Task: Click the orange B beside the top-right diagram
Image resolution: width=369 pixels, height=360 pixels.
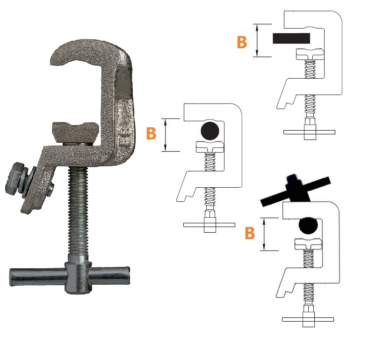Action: coord(242,42)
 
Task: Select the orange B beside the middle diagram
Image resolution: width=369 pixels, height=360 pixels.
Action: coord(151,133)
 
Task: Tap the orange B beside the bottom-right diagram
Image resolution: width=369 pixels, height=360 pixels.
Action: coord(250,233)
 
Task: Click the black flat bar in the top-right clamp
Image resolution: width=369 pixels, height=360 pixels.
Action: coord(291,38)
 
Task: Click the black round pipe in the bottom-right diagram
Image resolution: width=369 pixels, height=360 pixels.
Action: coord(308,226)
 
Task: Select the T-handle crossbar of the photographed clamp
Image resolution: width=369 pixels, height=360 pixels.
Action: coord(70,277)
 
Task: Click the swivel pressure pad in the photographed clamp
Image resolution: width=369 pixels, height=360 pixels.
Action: coord(75,132)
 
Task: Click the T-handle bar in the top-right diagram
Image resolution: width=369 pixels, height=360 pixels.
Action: coord(309,132)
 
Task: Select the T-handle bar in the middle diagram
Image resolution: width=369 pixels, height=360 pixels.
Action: coord(209,225)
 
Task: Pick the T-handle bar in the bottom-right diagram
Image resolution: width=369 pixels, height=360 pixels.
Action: coord(308,319)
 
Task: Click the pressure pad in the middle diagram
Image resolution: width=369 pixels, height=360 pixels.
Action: coord(210,147)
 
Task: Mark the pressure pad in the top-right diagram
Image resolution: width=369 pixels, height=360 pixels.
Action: coord(310,54)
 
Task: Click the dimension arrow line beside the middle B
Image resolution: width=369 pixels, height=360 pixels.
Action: coord(166,135)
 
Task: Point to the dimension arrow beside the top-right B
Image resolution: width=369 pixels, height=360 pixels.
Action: coord(257,40)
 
